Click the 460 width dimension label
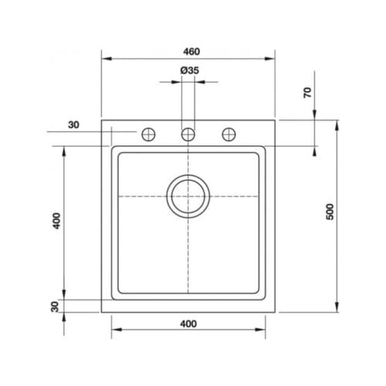click(x=189, y=51)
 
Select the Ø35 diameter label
click(x=189, y=71)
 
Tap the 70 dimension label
click(x=307, y=93)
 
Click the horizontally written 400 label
click(x=188, y=323)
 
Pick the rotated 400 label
click(x=56, y=222)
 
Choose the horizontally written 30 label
click(x=73, y=125)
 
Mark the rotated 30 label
click(x=56, y=306)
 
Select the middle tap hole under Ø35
click(x=188, y=134)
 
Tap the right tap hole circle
click(x=229, y=134)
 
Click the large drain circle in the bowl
click(x=188, y=195)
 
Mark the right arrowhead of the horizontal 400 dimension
click(x=262, y=332)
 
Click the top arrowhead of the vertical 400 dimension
click(x=64, y=150)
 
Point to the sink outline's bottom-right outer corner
click(x=276, y=312)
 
